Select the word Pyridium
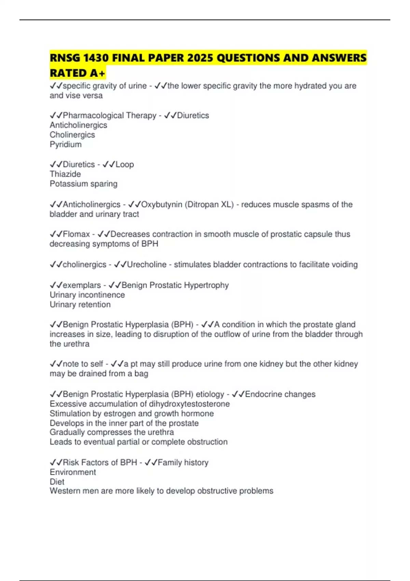click(x=66, y=145)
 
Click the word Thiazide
click(x=65, y=174)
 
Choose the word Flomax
click(x=76, y=234)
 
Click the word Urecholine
click(x=147, y=265)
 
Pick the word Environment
click(x=73, y=472)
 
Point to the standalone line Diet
click(x=57, y=482)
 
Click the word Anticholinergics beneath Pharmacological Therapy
click(x=78, y=125)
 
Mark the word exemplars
click(x=82, y=285)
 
